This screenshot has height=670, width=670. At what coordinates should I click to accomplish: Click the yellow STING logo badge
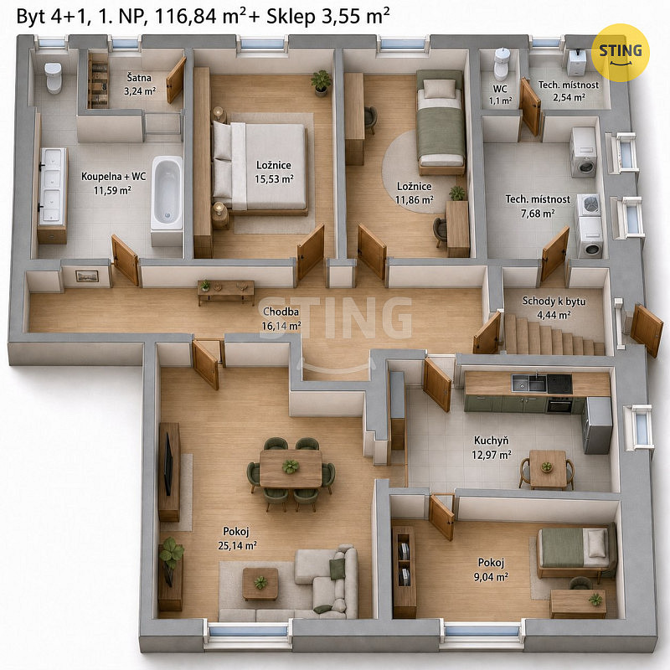click(620, 53)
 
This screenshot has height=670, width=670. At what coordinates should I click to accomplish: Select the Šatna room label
click(139, 78)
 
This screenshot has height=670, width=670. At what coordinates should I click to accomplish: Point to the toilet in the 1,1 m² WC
click(501, 64)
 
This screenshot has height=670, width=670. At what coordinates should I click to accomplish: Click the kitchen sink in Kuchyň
click(528, 383)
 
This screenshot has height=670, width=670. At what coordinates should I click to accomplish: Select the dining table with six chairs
click(291, 473)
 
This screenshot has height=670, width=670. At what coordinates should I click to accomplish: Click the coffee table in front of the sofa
click(260, 584)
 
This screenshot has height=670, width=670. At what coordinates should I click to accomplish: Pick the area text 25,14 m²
click(237, 546)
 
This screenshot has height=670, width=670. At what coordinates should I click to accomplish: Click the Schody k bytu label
click(554, 301)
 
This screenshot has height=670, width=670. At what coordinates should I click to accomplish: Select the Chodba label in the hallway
click(281, 312)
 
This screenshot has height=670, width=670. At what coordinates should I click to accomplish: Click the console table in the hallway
click(225, 291)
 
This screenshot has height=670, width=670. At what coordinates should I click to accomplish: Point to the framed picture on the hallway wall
click(87, 276)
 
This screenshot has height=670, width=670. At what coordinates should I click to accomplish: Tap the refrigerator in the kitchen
click(597, 425)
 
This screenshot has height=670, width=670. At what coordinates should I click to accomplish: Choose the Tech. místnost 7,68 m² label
click(538, 206)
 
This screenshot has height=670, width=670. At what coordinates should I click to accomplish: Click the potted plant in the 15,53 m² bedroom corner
click(321, 83)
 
